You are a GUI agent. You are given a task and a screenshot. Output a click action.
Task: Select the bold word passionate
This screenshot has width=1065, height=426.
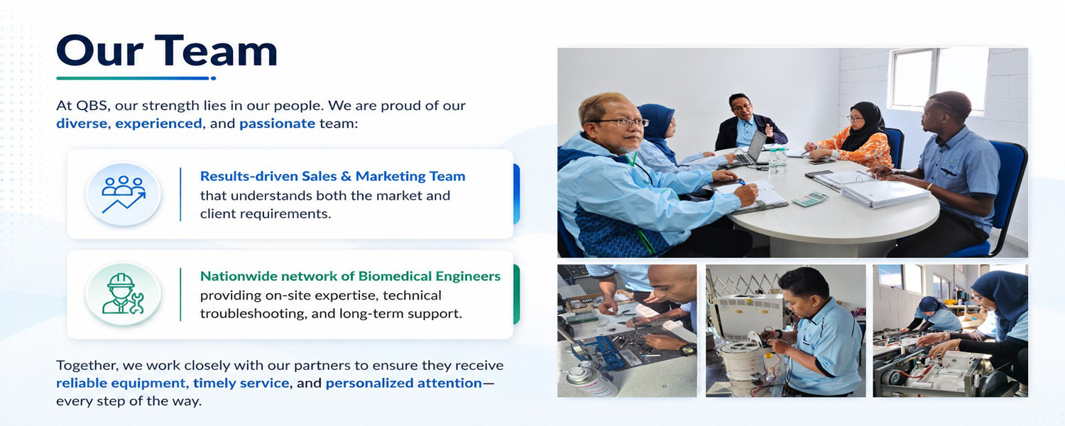pyautogui.click(x=277, y=124)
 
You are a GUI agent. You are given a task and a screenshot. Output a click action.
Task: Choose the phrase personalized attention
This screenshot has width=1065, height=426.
pyautogui.click(x=404, y=383)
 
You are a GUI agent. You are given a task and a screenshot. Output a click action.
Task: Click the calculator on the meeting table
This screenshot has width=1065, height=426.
pyautogui.click(x=811, y=199)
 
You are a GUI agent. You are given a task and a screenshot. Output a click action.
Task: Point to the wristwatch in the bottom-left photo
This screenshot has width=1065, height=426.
pyautogui.click(x=687, y=349)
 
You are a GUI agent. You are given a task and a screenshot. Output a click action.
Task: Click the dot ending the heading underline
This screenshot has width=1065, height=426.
pyautogui.click(x=214, y=78)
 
